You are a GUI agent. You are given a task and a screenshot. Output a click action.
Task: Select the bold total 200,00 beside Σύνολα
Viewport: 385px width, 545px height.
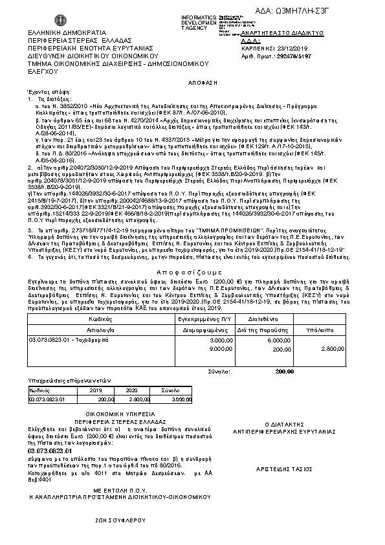pos(284,372)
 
